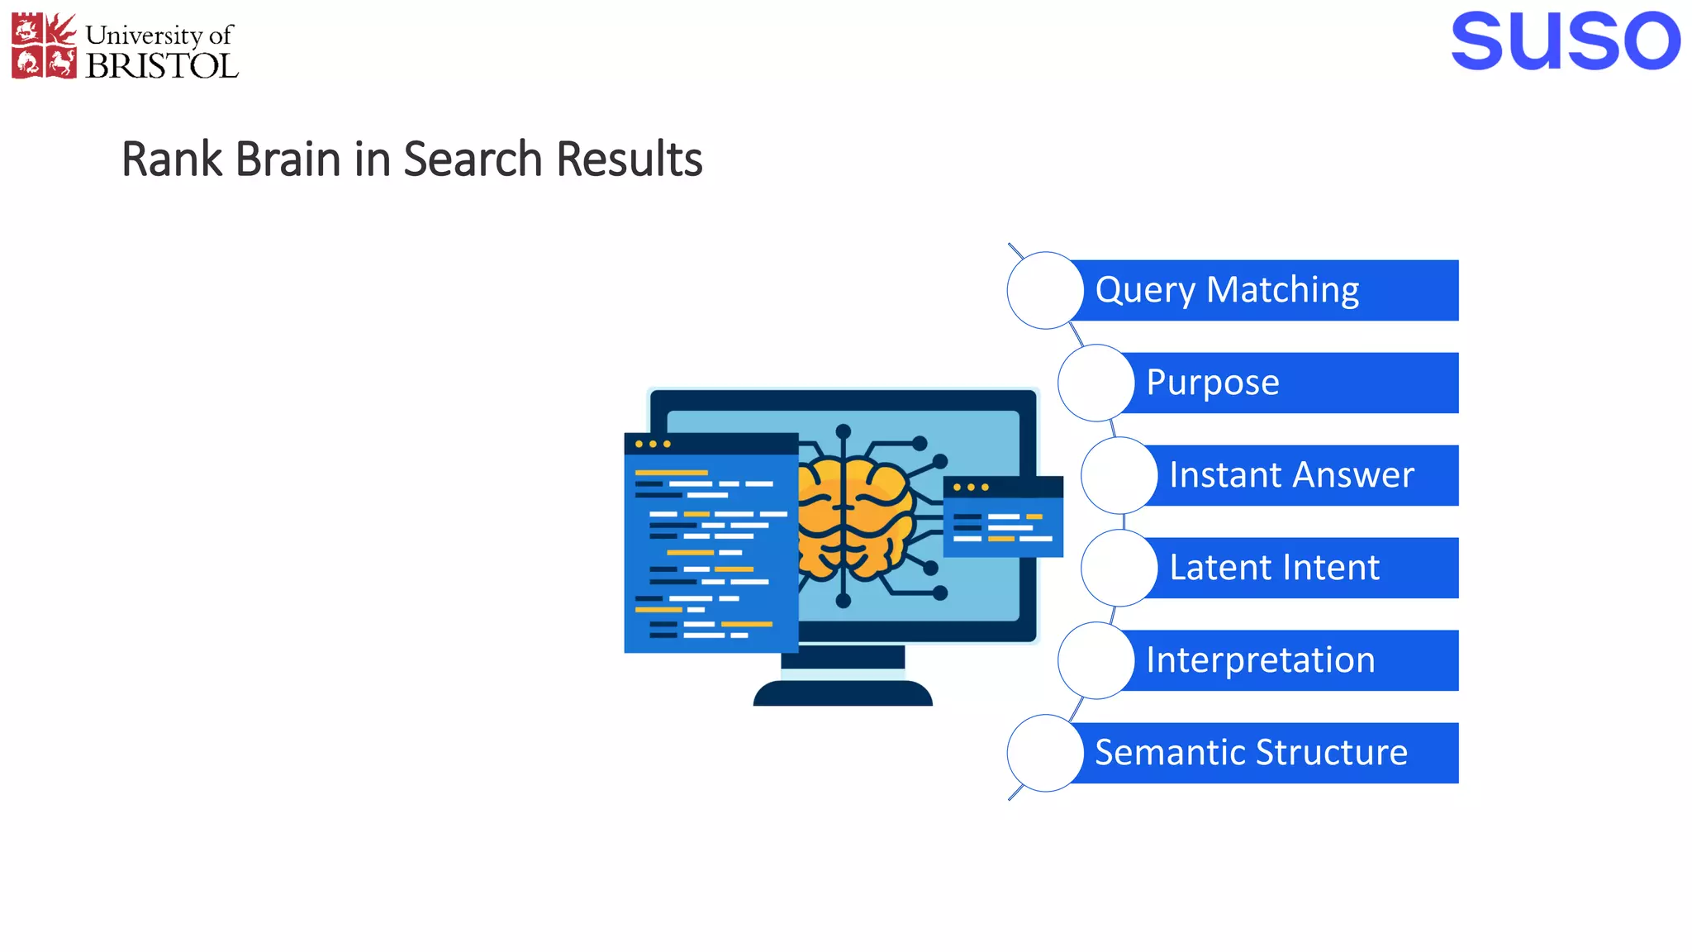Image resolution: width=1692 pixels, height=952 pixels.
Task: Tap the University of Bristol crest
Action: point(44,46)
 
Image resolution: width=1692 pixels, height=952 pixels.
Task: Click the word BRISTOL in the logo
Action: point(162,65)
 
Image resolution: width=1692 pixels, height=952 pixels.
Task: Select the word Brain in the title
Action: point(288,159)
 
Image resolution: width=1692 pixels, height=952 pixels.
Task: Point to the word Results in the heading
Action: point(629,159)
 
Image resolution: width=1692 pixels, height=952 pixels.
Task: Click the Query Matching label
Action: point(1227,290)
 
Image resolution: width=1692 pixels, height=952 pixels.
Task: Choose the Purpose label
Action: point(1213,383)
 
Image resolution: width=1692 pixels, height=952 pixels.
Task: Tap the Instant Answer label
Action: point(1291,475)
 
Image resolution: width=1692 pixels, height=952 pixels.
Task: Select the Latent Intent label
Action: point(1274,568)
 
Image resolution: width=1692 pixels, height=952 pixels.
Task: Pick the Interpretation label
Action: point(1260,660)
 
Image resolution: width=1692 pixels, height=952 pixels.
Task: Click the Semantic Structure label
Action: point(1251,753)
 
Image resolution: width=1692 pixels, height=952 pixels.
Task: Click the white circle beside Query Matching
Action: point(1045,290)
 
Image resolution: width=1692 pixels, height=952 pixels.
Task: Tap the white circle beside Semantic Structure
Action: point(1045,753)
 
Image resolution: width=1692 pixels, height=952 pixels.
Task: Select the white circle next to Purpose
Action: point(1096,383)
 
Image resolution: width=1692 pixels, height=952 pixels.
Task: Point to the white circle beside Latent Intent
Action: point(1119,568)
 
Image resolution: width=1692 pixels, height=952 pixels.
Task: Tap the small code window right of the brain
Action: point(1002,516)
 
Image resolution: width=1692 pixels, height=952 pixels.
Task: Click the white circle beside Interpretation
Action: point(1096,660)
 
